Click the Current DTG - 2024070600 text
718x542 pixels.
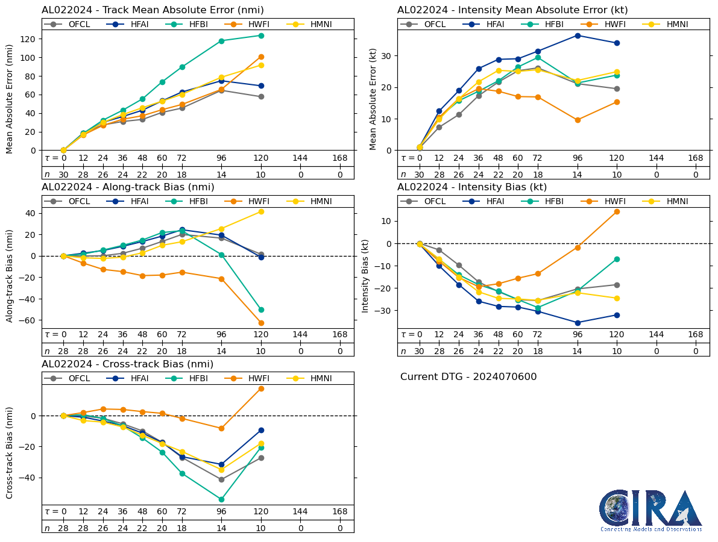[468, 377]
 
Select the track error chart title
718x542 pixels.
[153, 10]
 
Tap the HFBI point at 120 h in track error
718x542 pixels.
[261, 36]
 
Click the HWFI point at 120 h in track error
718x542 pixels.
[261, 57]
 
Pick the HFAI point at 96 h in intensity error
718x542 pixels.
[578, 36]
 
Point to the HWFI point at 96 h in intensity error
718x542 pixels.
[578, 120]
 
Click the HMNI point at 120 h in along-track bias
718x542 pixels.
[261, 211]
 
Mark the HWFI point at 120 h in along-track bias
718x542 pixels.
[261, 323]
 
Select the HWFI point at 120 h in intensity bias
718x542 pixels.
[617, 211]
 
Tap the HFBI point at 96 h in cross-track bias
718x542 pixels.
[221, 499]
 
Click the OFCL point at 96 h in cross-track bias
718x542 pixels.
[221, 479]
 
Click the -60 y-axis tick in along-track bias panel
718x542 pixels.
[28, 320]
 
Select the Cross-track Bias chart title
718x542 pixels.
[127, 364]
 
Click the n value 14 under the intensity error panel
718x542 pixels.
[578, 175]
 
